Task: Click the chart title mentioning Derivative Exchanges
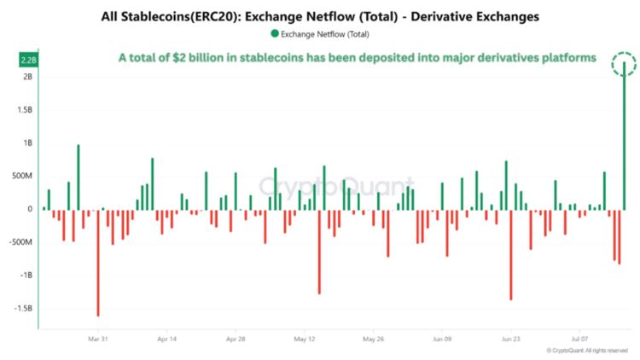tap(320, 16)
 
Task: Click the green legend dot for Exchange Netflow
tap(274, 33)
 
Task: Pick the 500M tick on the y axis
tap(21, 177)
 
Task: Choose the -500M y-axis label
tap(20, 242)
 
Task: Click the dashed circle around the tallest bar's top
tap(624, 64)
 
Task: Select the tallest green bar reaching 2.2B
tap(624, 136)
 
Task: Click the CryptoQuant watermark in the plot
tap(336, 185)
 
